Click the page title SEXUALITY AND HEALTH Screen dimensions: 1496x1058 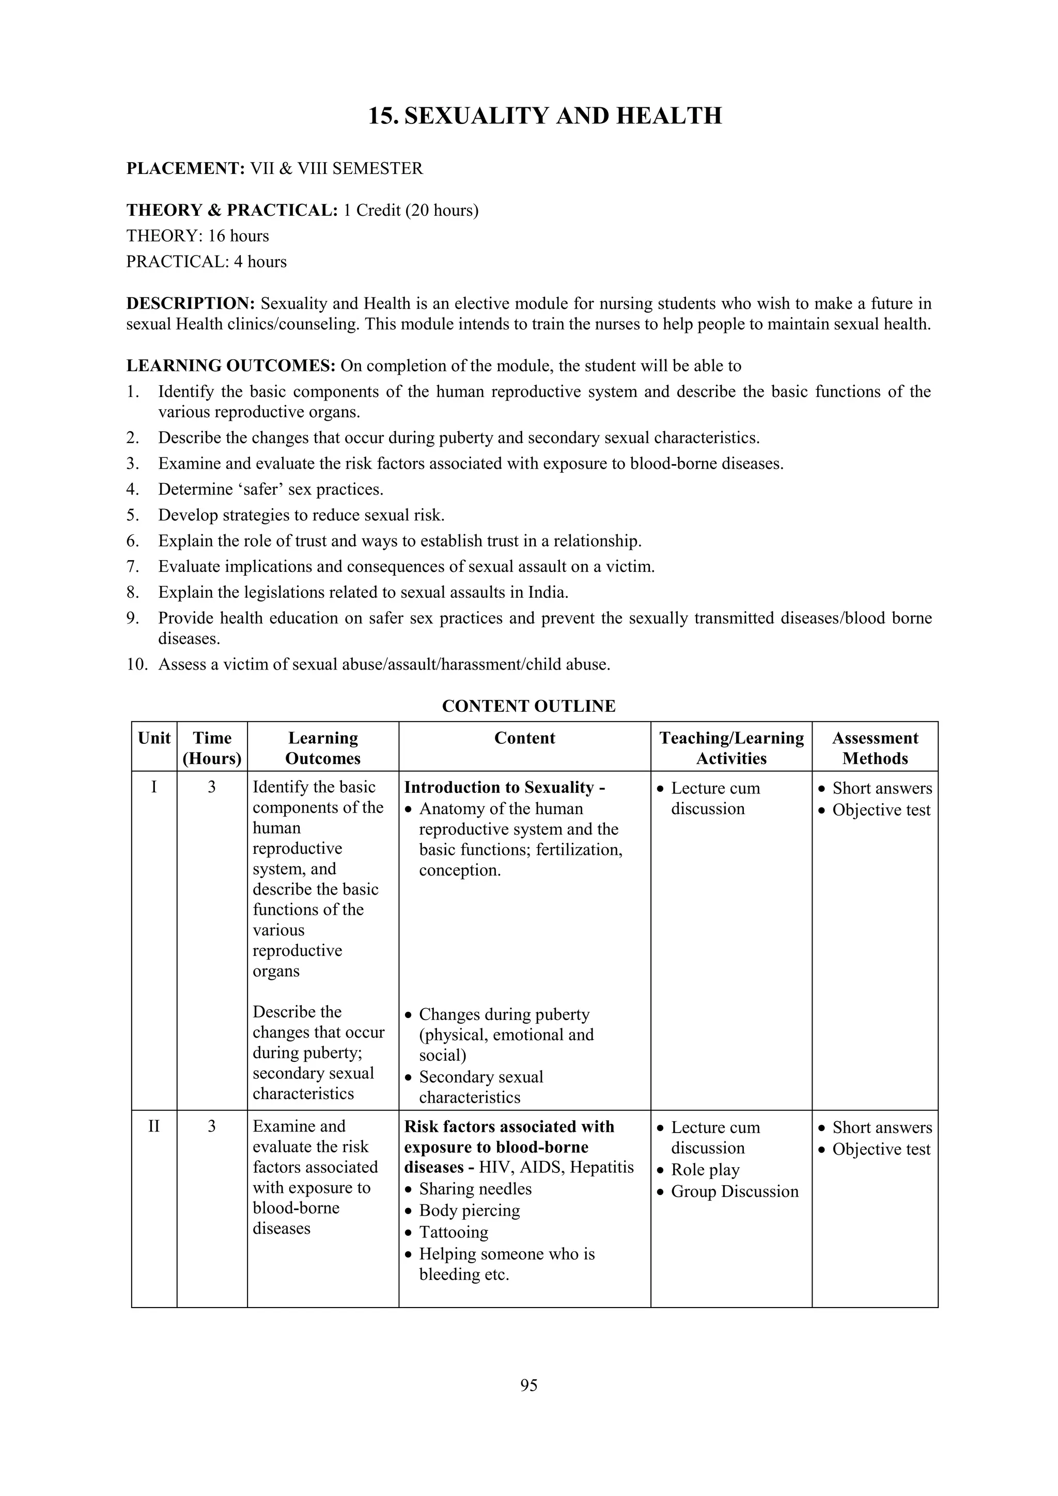click(545, 116)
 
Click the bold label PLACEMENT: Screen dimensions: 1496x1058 click(185, 169)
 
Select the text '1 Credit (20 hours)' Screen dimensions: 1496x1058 click(411, 211)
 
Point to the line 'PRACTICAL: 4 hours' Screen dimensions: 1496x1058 click(206, 262)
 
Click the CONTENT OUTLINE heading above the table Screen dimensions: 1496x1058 click(528, 706)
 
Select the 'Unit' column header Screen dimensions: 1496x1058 click(154, 738)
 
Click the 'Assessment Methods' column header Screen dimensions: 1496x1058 click(874, 748)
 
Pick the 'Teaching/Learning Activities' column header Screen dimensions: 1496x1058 click(731, 748)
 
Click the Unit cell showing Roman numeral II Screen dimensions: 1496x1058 click(154, 1126)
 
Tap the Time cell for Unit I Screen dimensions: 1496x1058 click(212, 787)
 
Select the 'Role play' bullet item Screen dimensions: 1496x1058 click(705, 1170)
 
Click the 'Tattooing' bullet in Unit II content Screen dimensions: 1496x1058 click(453, 1232)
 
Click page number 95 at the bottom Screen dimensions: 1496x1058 click(528, 1385)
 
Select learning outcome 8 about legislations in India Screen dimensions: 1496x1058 click(363, 592)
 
